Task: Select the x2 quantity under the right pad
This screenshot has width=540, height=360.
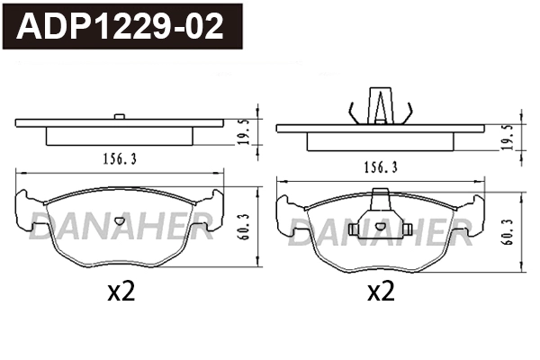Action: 382,292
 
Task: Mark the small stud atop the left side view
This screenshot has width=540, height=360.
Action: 120,115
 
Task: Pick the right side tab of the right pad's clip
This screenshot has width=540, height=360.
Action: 409,230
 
